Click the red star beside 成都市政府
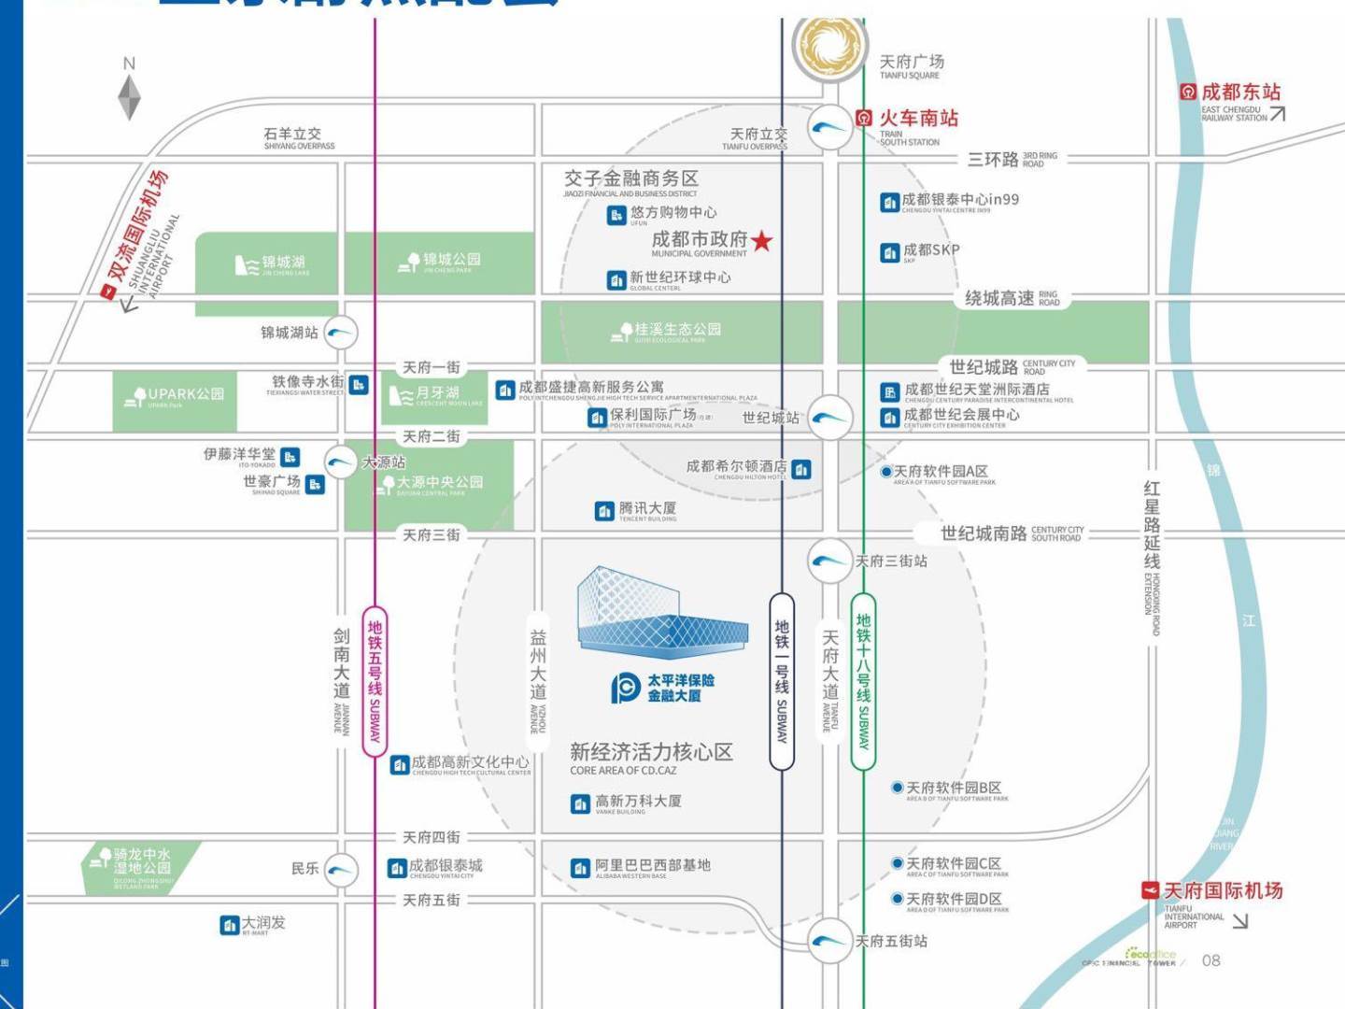[762, 241]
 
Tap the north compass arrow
[129, 96]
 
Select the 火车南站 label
[918, 118]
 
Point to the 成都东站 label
[1239, 92]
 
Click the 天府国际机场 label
[1223, 890]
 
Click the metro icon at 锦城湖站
[340, 333]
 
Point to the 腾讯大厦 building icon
[604, 511]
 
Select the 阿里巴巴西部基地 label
[652, 866]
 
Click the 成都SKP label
[930, 250]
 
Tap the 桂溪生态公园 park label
[677, 330]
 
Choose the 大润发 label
[263, 923]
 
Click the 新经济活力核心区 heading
[651, 752]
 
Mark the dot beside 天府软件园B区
[898, 788]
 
